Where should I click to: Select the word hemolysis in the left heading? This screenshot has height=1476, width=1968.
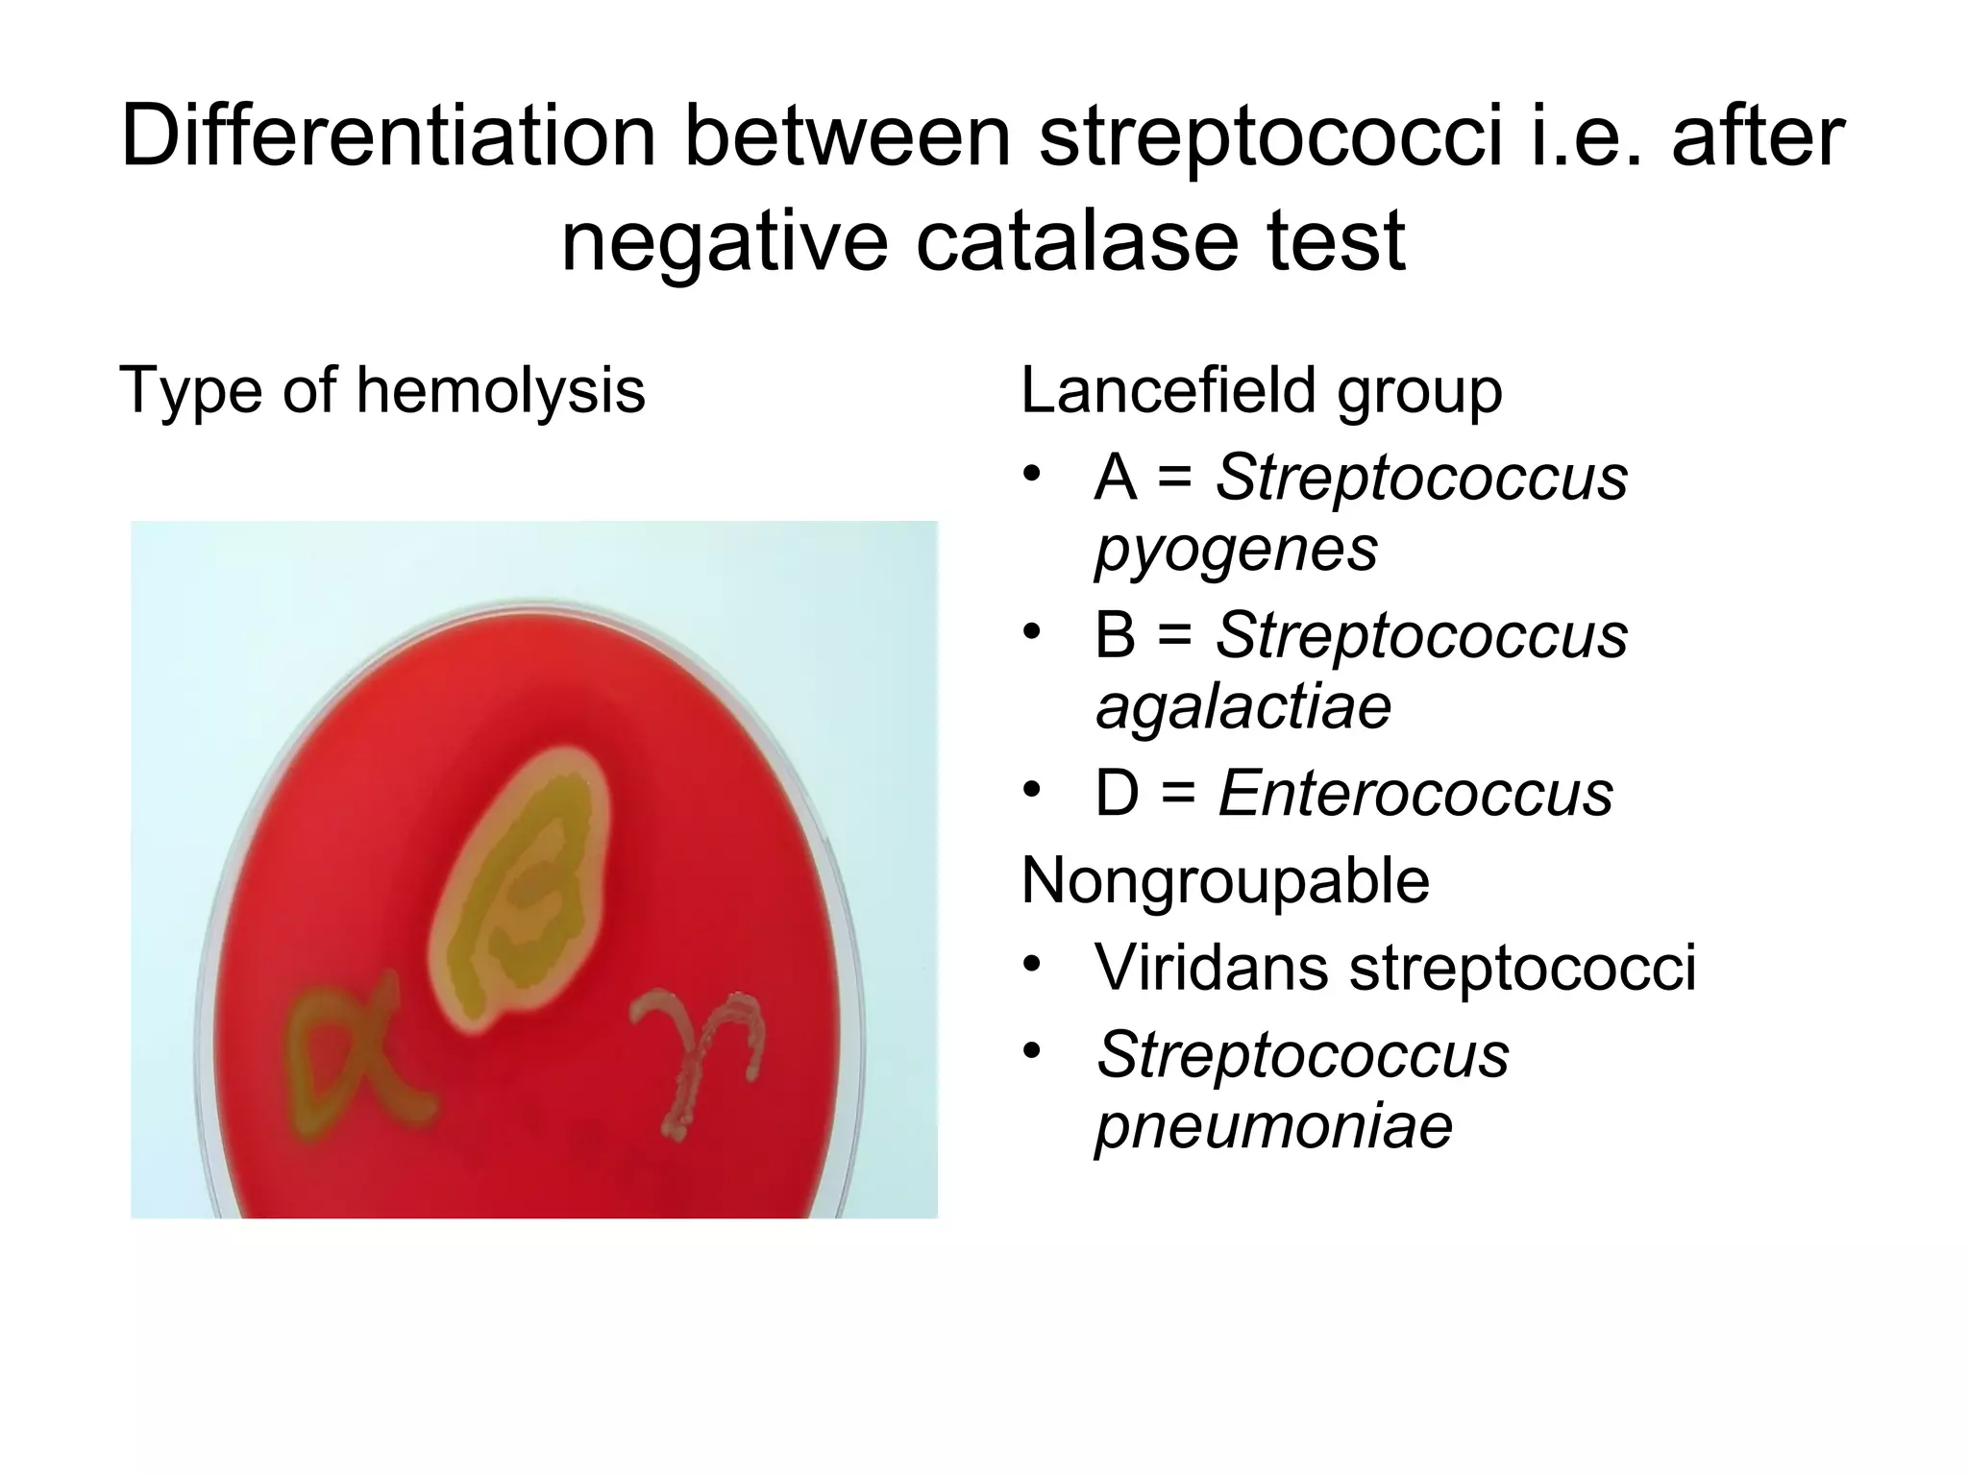click(500, 391)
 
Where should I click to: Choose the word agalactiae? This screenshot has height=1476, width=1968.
click(1242, 707)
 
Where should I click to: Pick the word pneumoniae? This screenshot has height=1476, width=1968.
click(1273, 1126)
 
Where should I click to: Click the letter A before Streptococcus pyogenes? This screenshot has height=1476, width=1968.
click(1115, 477)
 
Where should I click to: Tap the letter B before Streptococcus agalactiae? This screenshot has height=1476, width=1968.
click(1115, 635)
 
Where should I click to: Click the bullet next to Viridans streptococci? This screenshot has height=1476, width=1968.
click(1032, 964)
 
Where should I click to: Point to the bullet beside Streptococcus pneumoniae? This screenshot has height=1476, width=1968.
click(1032, 1050)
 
